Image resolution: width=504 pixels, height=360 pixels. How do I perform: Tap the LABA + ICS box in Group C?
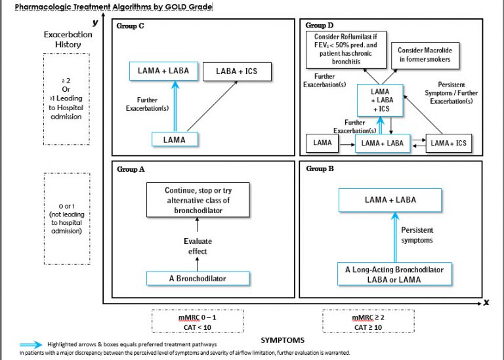[x=236, y=71]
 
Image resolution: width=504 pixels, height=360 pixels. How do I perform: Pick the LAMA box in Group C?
[x=175, y=139]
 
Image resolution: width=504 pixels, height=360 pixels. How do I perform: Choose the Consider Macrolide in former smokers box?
[x=425, y=54]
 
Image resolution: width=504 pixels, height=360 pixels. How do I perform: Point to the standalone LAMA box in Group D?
[x=323, y=142]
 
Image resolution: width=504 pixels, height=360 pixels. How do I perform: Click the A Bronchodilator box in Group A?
[x=198, y=279]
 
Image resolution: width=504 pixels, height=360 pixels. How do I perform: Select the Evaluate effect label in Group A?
[x=198, y=246]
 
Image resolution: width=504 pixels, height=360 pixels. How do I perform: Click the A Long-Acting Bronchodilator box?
[x=394, y=274]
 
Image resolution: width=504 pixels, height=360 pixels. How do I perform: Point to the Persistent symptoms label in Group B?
[x=417, y=235]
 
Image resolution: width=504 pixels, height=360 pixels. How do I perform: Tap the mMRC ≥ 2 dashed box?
[x=368, y=322]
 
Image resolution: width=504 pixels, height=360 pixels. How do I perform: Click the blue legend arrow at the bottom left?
[x=31, y=344]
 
